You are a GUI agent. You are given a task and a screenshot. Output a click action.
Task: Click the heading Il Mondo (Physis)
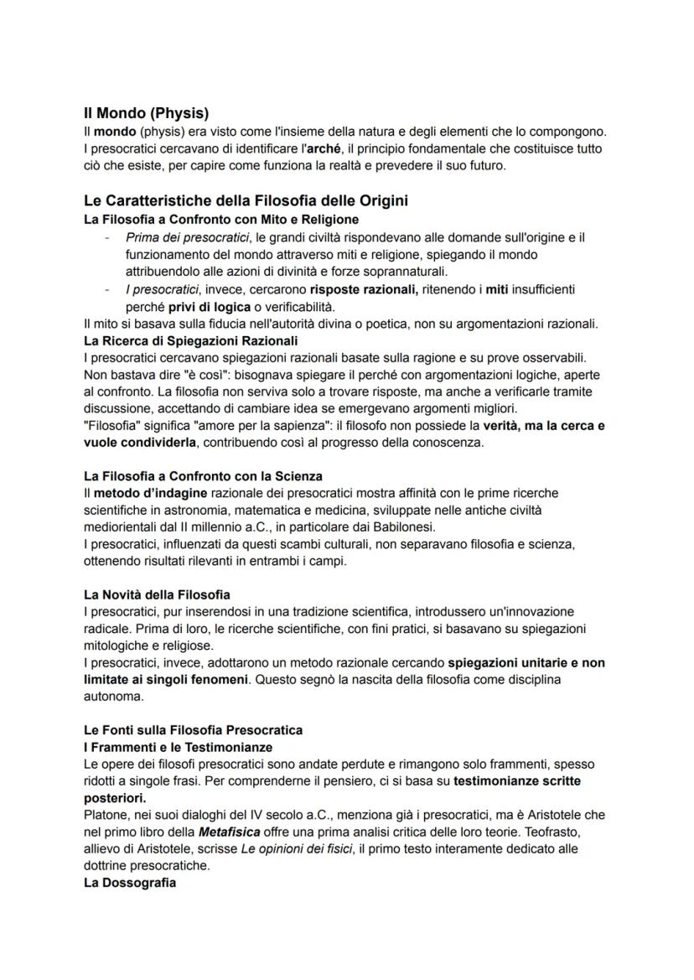146,113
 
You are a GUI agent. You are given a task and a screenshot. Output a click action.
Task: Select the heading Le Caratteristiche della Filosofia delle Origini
246,201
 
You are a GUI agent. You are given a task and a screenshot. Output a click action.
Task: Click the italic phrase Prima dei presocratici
188,237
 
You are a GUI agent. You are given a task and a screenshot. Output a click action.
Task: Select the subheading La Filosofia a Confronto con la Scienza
203,476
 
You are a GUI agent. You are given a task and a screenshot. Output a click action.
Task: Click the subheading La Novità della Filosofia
157,594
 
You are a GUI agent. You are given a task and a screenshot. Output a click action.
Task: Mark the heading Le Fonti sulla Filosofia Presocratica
193,730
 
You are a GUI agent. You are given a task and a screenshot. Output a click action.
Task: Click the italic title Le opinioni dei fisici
283,848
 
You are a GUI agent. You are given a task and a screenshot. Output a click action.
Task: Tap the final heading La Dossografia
130,883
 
